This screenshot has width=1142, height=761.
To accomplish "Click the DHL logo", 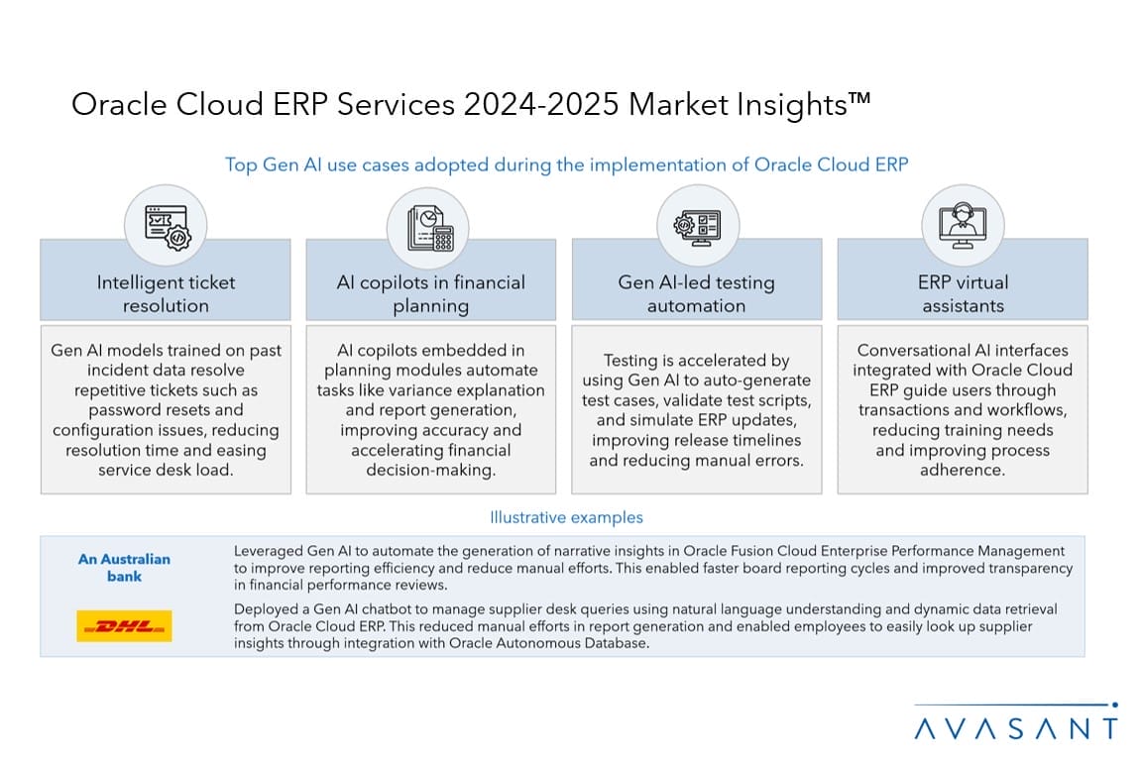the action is point(124,625).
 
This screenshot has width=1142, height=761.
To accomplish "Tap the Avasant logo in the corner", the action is point(1015,721).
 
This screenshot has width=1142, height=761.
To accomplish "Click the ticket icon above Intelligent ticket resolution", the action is point(167,227).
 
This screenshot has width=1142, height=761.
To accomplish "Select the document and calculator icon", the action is point(430,228).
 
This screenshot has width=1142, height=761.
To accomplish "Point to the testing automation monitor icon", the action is point(697,228).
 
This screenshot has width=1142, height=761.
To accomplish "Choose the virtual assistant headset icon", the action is point(963,226).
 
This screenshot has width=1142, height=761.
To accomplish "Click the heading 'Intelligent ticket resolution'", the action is point(167,293).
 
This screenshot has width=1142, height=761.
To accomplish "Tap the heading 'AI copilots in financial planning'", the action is point(430,293).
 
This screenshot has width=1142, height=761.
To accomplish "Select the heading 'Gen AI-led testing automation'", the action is point(696,293).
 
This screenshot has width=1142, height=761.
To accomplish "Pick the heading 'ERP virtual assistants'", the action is point(963,293).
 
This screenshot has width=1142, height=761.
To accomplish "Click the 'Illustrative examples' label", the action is point(566,517).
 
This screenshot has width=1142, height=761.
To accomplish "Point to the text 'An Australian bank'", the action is point(124,568).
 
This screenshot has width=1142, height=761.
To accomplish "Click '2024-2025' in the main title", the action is point(540,104).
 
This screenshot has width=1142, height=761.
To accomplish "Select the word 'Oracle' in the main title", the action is point(119,104).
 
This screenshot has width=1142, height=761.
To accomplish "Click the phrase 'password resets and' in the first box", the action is point(167,409).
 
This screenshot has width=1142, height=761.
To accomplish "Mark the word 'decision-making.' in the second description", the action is point(430,470).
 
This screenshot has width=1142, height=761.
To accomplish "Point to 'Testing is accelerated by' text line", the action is point(696,360).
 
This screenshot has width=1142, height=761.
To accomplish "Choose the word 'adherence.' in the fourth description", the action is point(963,470).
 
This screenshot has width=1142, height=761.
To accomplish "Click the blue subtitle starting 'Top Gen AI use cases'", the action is point(566,164).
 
